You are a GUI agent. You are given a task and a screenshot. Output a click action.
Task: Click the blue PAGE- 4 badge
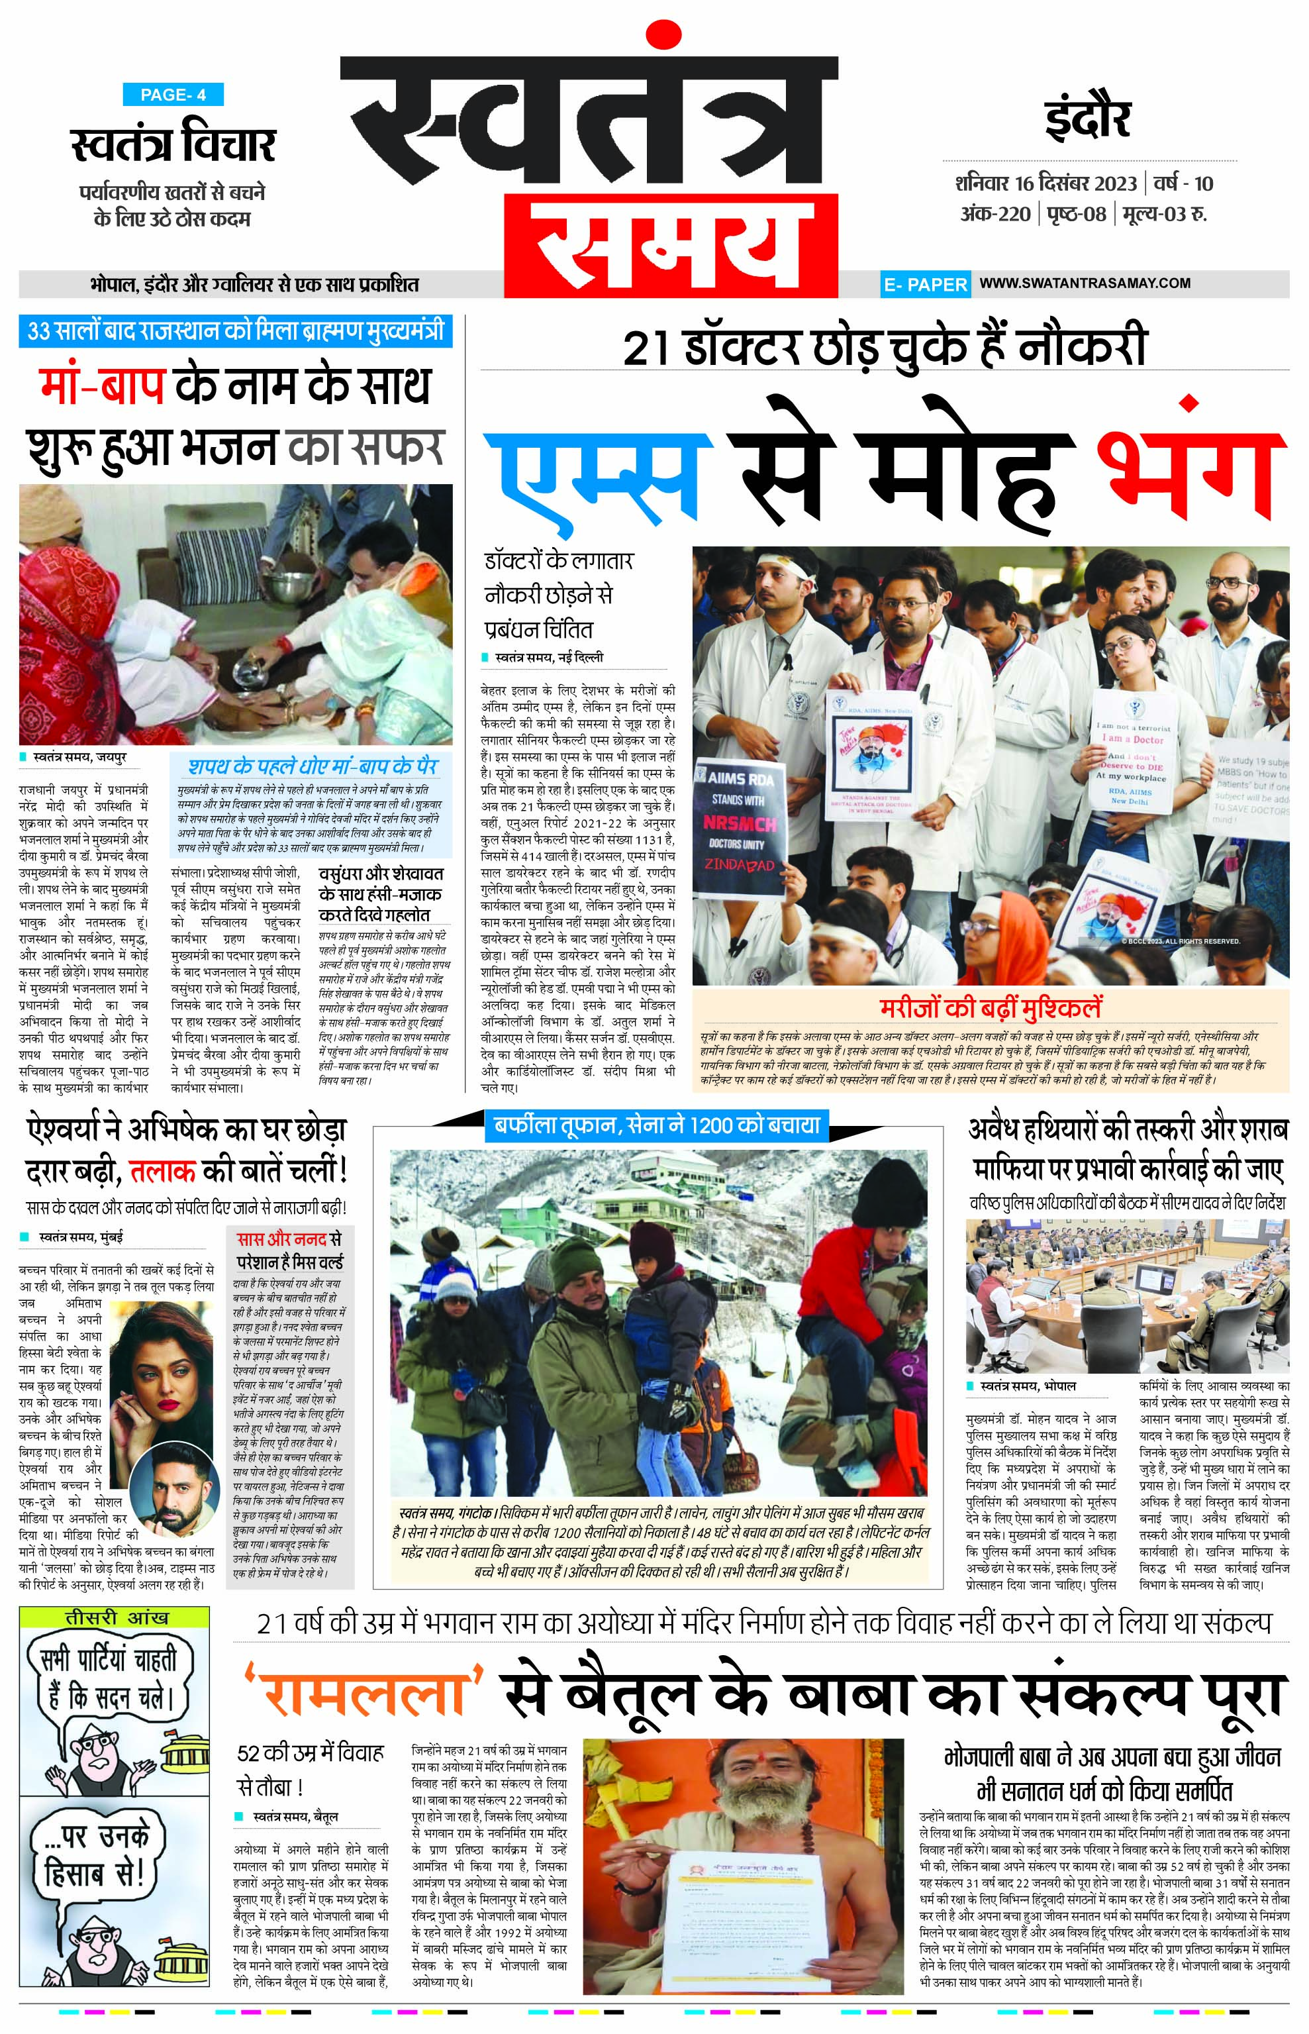173,95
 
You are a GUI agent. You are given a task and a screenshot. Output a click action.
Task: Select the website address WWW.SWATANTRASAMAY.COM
1085,283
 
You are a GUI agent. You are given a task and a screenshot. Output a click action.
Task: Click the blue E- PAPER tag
925,285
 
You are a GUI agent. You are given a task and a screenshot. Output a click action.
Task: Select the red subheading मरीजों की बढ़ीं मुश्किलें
991,1009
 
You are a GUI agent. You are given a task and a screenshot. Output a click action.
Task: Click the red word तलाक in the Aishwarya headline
162,1172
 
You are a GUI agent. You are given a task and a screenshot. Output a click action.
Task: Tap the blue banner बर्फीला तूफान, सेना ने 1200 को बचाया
656,1126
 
